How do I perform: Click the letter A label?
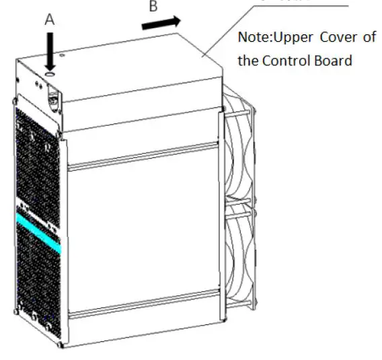[x=48, y=21]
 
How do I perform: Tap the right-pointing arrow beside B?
[x=161, y=23]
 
